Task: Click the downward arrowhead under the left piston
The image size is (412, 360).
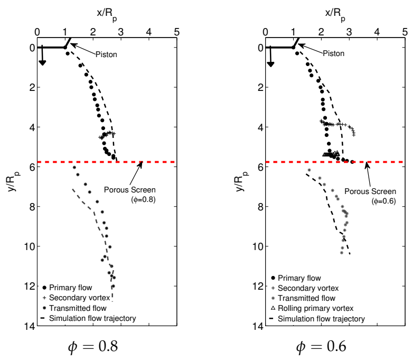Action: pos(42,63)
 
